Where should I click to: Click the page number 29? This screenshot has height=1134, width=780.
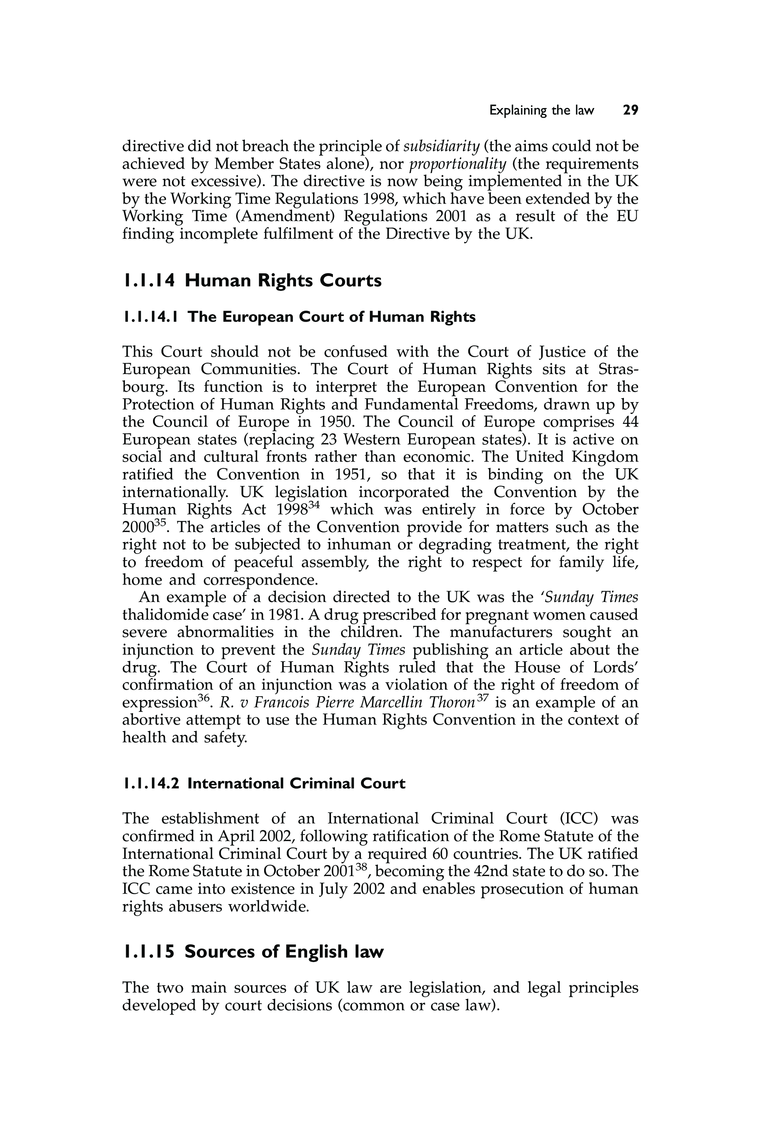(x=630, y=110)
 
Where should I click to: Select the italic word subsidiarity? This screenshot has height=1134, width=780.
(x=441, y=146)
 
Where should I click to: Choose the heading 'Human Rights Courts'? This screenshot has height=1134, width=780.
(x=283, y=281)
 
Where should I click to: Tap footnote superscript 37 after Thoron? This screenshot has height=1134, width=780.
(x=482, y=699)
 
